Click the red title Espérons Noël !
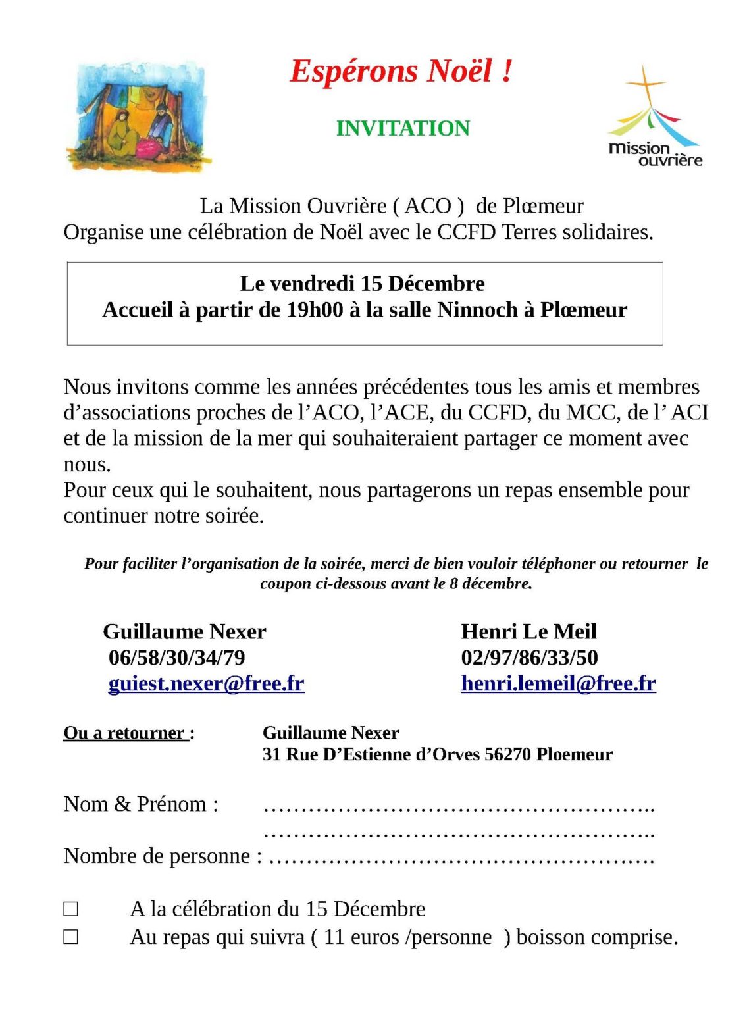(x=401, y=72)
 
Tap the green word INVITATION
(x=403, y=128)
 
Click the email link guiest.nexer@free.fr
(x=206, y=684)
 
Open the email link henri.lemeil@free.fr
(x=558, y=684)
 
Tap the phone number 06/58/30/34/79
(x=177, y=658)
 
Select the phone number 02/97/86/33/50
(x=529, y=658)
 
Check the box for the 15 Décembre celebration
(x=71, y=909)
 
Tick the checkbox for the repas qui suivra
(x=71, y=937)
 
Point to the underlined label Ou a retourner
(x=125, y=733)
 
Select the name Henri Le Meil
(x=528, y=632)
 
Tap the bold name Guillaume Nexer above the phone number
(x=184, y=632)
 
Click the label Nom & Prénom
(x=141, y=804)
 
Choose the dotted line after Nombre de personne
(x=461, y=858)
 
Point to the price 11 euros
(x=361, y=937)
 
